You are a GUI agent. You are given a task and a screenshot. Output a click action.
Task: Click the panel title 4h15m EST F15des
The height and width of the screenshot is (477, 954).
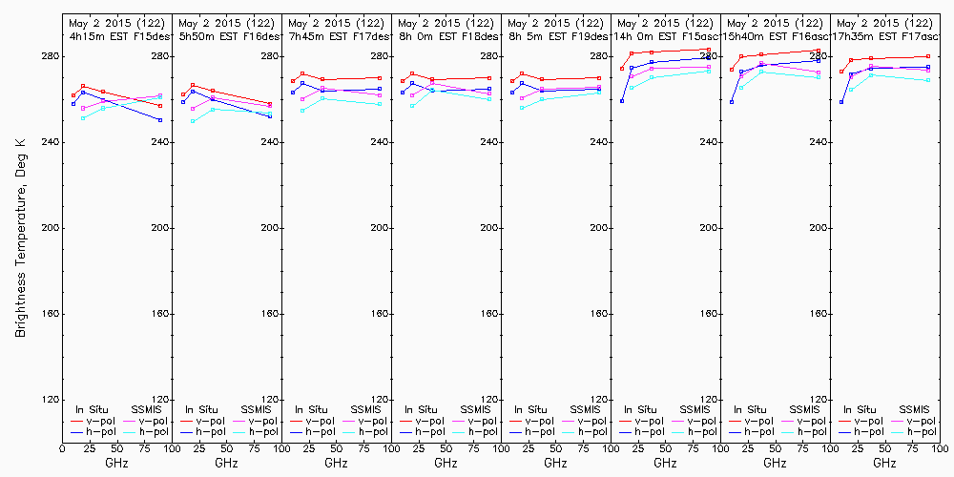[x=116, y=35]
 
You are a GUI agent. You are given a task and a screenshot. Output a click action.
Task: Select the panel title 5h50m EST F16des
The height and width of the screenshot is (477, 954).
[x=226, y=35]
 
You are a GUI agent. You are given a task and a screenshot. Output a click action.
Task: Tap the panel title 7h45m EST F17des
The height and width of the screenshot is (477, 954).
[x=336, y=35]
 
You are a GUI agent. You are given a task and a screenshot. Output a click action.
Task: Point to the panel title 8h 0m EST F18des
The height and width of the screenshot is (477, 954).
[x=446, y=35]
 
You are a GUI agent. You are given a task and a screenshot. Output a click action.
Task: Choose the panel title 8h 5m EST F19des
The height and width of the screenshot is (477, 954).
[x=555, y=35]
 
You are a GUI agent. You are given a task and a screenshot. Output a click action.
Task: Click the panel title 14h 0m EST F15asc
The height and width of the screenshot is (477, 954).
[x=665, y=35]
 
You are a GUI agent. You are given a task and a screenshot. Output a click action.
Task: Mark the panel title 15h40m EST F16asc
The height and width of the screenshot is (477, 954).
[x=775, y=35]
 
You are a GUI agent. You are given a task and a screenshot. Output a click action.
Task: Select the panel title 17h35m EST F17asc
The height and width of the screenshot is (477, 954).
[x=884, y=35]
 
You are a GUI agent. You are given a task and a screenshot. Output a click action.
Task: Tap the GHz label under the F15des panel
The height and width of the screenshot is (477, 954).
[x=116, y=463]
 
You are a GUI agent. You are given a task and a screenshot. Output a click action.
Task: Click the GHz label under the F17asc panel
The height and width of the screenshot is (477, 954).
[x=884, y=463]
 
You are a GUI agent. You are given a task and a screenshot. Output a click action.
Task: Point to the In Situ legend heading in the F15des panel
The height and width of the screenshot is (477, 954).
[x=93, y=409]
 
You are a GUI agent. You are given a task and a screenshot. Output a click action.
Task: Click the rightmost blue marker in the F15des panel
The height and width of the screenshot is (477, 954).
[x=160, y=120]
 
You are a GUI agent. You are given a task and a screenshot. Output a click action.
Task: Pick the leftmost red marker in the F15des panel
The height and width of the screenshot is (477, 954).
[x=73, y=95]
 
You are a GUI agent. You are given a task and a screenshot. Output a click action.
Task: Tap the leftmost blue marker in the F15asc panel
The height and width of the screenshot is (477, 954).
[x=622, y=101]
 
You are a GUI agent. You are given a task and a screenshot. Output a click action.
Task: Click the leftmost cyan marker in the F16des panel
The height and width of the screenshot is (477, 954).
[x=194, y=121]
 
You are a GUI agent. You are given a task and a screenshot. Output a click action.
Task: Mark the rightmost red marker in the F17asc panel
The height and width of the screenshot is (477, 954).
[x=928, y=56]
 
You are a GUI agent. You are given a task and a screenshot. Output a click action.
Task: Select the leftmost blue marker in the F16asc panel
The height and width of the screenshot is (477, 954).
[x=732, y=102]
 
